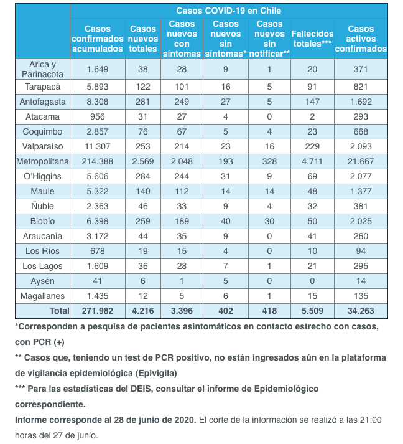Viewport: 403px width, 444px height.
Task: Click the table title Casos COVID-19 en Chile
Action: (x=228, y=11)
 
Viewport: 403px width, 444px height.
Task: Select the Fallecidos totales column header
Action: (x=312, y=39)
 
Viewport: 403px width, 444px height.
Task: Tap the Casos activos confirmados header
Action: (x=361, y=39)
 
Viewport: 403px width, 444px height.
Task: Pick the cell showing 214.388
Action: (x=98, y=161)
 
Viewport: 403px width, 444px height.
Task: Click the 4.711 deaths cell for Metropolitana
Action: (x=312, y=161)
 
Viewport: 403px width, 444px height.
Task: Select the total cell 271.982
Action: (x=98, y=311)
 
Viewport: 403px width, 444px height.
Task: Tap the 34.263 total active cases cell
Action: (x=361, y=311)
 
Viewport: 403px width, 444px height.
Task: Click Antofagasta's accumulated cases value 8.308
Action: (x=98, y=101)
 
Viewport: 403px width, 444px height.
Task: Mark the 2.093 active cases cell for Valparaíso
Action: (x=361, y=146)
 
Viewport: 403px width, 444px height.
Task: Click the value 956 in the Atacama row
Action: (x=98, y=116)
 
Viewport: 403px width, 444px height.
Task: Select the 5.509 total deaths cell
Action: (x=312, y=311)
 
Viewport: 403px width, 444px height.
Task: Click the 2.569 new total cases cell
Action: (x=143, y=161)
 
